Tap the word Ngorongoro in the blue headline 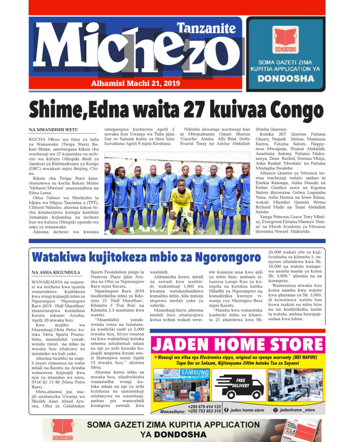tap(227, 258)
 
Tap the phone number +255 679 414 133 tap(205, 407)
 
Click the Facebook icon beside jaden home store tap(226, 410)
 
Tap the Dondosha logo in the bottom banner tap(60, 430)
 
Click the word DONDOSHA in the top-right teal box tap(285, 79)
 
